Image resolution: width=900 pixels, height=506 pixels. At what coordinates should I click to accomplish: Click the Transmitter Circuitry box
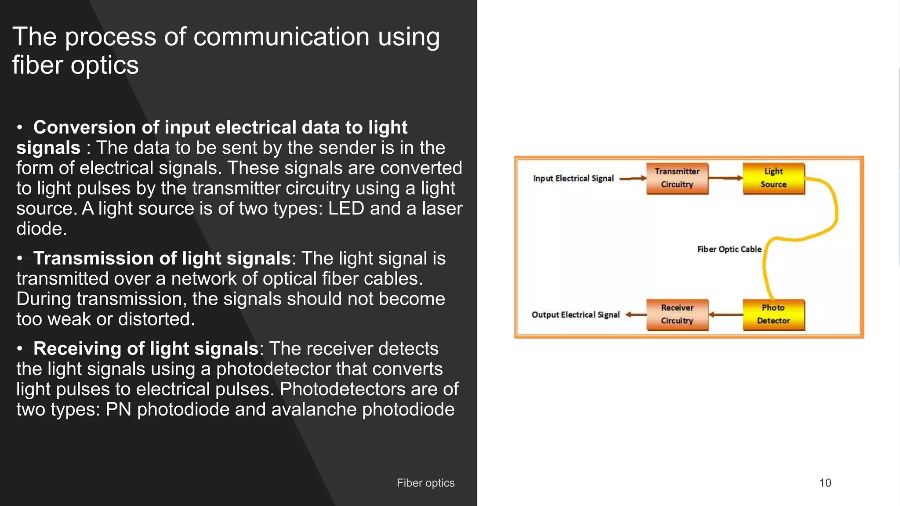[677, 178]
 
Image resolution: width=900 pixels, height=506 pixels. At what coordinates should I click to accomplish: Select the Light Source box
[773, 178]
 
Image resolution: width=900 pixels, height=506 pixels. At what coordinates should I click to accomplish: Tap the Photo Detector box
[773, 314]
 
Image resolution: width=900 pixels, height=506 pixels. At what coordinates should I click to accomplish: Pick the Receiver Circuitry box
[677, 314]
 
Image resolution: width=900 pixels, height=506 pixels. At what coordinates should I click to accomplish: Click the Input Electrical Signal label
[573, 178]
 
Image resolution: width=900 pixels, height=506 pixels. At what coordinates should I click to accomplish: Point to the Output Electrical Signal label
[575, 314]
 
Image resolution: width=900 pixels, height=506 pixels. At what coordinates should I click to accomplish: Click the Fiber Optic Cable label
[729, 249]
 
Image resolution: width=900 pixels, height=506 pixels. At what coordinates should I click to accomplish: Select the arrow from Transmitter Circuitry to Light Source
[726, 178]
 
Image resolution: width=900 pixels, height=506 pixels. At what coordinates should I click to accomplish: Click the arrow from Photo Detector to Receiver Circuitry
[726, 314]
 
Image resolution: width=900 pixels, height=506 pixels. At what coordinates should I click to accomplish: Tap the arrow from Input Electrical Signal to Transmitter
[632, 178]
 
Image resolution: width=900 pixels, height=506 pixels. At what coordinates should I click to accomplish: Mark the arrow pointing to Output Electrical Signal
[635, 314]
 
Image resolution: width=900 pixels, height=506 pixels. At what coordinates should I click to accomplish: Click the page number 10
[825, 483]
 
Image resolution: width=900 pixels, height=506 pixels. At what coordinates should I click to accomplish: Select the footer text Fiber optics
[425, 483]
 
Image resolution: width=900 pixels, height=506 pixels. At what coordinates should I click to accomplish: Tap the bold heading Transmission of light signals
[162, 258]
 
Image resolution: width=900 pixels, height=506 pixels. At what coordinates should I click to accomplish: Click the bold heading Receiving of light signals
[145, 348]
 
